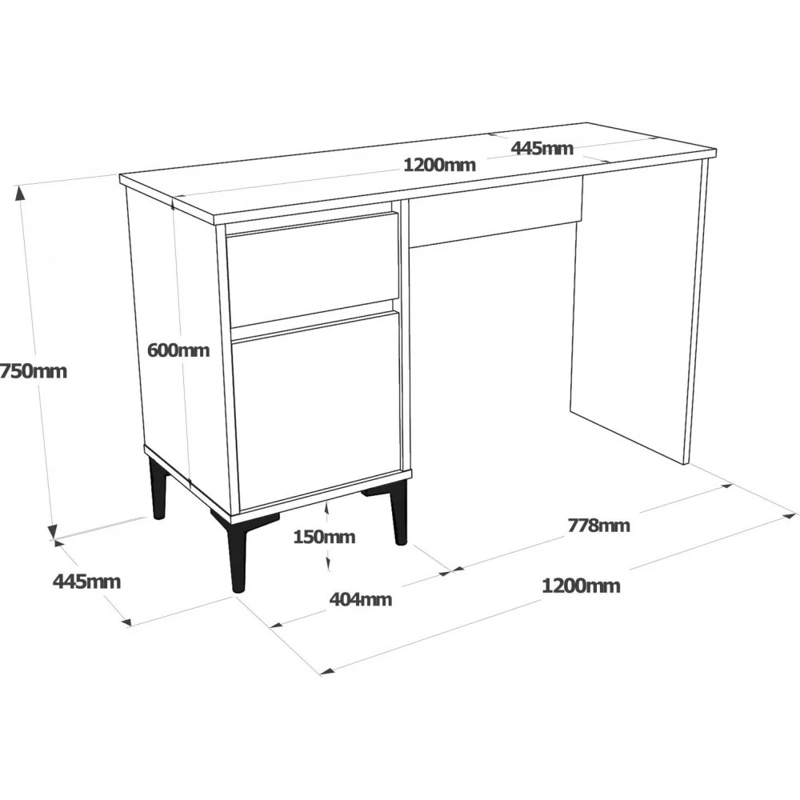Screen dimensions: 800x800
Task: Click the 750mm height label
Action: coord(33,371)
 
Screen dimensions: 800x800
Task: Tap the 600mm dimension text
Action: coord(178,350)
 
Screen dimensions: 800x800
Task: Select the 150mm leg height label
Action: coord(324,537)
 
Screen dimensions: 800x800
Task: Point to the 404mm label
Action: coord(361,598)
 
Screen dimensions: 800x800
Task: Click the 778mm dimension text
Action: coord(599,525)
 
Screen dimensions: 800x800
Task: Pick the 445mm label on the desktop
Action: coord(542,148)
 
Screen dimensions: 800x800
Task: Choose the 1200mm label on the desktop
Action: coord(439,165)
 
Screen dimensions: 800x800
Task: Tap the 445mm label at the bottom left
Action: coord(86,581)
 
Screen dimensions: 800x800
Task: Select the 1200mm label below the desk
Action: coord(581,586)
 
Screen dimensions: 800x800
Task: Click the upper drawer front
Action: coord(312,270)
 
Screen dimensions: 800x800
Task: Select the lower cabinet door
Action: coord(316,410)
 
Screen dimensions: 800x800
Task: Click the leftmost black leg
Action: coord(158,488)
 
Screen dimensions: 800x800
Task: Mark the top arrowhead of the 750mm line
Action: coord(20,192)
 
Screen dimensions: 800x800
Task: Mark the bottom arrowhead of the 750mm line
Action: coord(52,532)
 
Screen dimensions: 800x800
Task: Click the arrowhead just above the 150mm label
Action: coord(326,508)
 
